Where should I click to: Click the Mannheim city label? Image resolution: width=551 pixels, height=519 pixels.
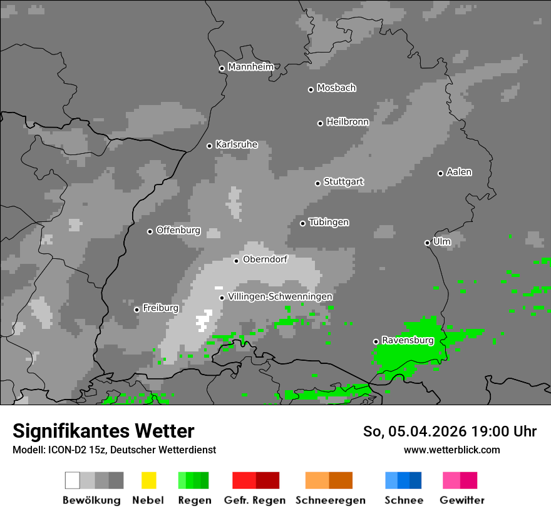[x=250, y=67]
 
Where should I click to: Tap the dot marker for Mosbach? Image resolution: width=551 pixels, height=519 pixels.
[x=311, y=89]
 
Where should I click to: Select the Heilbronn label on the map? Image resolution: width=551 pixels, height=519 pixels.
[x=348, y=122]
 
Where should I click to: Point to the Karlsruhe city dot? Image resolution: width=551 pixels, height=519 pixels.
[x=210, y=146]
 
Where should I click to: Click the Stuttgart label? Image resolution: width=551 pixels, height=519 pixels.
[x=344, y=182]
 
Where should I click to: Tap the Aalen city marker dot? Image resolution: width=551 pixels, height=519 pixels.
[x=440, y=173]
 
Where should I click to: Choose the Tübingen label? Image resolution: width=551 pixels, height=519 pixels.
[x=329, y=223]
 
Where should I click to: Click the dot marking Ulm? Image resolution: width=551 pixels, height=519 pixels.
[x=427, y=243]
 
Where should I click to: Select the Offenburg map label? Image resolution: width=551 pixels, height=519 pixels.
[x=178, y=230]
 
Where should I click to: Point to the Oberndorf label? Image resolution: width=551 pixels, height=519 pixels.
[x=265, y=259]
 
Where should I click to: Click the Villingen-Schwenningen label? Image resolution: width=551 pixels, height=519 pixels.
[x=280, y=296]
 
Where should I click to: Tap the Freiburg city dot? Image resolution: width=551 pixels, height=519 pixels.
[x=136, y=310]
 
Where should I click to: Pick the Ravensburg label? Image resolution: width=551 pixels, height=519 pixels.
[x=408, y=340]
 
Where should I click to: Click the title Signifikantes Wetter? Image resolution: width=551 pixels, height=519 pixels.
[x=103, y=431]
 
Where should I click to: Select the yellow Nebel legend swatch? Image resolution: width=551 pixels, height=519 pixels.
[x=148, y=480]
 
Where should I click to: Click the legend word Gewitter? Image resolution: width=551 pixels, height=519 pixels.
[x=462, y=500]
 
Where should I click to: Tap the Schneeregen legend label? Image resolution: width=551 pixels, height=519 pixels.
[x=331, y=500]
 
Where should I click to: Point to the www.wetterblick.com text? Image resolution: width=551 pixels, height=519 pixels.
[x=452, y=450]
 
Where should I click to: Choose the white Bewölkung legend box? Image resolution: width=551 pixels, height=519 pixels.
[x=72, y=480]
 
